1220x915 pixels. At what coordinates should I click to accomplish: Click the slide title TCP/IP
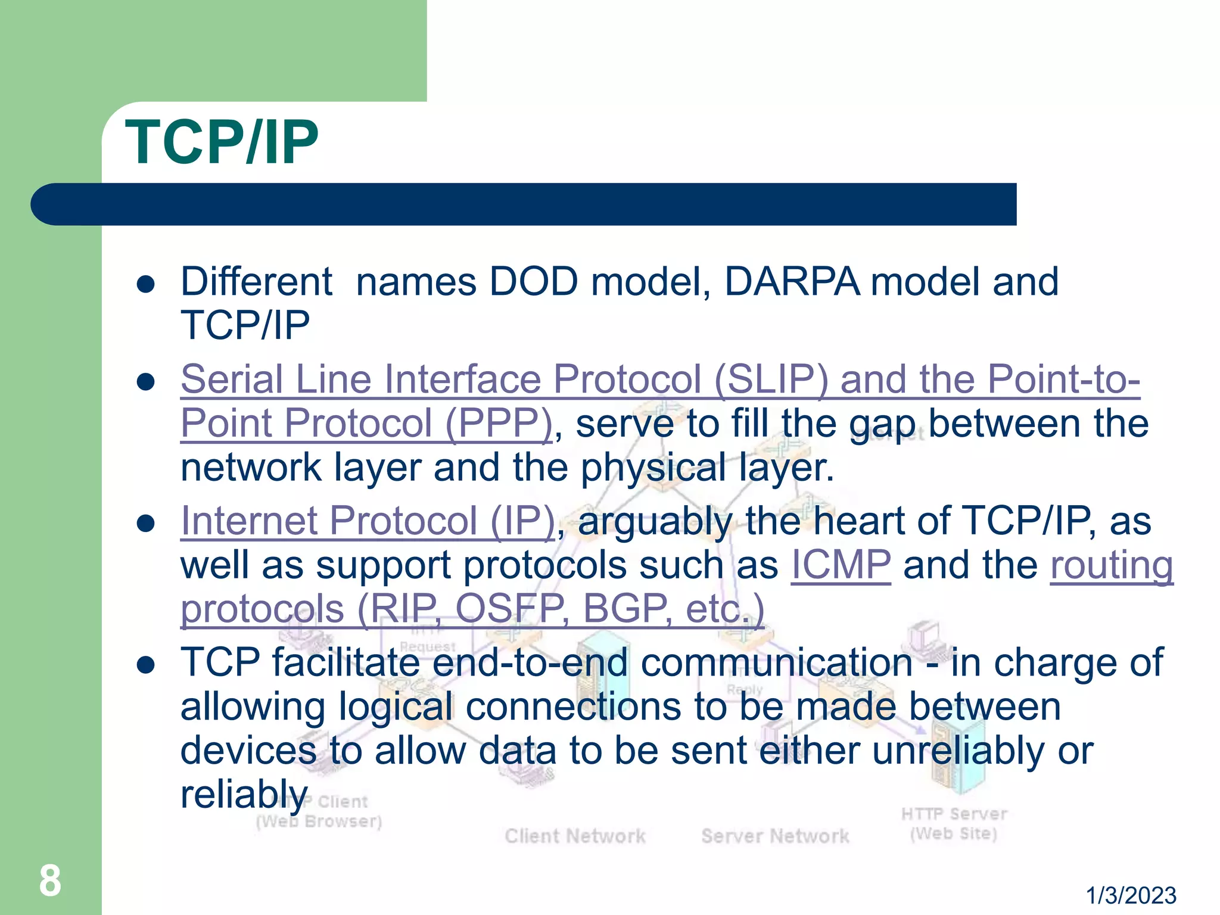[x=222, y=143]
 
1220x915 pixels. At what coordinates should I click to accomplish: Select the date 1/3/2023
[x=1131, y=895]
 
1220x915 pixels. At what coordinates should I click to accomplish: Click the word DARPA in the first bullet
[x=792, y=281]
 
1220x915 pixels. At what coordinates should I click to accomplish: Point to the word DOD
[x=533, y=281]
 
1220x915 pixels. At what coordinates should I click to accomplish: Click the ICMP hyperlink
[x=841, y=564]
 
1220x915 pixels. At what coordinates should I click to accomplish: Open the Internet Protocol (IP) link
[x=368, y=521]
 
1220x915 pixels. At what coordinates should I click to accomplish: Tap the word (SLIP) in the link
[x=770, y=379]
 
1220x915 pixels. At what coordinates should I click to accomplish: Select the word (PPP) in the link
[x=499, y=423]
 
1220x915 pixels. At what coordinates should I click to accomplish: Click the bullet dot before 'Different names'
[x=146, y=284]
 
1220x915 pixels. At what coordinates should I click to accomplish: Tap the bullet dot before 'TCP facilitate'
[x=146, y=665]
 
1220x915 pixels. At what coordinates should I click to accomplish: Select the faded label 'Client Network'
[x=575, y=836]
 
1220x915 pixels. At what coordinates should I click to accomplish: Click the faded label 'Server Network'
[x=775, y=836]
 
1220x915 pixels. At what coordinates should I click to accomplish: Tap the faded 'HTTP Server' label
[x=954, y=814]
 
